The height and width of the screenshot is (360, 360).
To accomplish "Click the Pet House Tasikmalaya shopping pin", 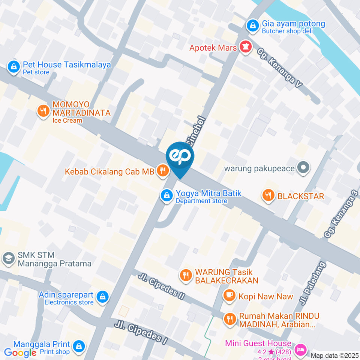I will coord(13,67).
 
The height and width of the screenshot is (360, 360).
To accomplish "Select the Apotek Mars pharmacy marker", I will coord(246,47).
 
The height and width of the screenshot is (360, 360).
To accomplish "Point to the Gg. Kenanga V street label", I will coord(280,68).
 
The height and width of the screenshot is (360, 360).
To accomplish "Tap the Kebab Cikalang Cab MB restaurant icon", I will coord(162,171).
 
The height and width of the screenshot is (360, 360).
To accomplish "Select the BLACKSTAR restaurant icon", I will coord(268,195).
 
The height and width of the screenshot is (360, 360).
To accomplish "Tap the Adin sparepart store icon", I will coord(102,297).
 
